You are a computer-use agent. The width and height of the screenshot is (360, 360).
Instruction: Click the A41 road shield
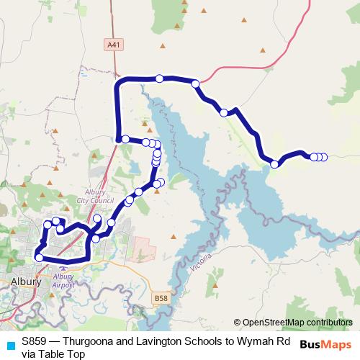tap(112, 45)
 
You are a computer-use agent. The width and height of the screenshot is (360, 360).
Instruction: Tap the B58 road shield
tap(161, 296)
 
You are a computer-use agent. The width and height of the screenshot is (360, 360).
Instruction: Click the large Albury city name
tap(24, 282)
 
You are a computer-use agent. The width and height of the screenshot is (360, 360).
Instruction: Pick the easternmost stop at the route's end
tap(323, 157)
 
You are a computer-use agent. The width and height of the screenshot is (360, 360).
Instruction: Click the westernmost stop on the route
tap(38, 258)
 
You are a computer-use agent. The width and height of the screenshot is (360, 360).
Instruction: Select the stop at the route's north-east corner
tap(195, 84)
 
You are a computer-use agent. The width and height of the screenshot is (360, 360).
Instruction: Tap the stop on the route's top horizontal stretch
tap(158, 78)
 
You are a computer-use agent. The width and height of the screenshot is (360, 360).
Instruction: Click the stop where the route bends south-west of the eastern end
tap(274, 165)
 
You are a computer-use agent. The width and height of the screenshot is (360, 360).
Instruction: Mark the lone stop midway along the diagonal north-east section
tap(225, 112)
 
